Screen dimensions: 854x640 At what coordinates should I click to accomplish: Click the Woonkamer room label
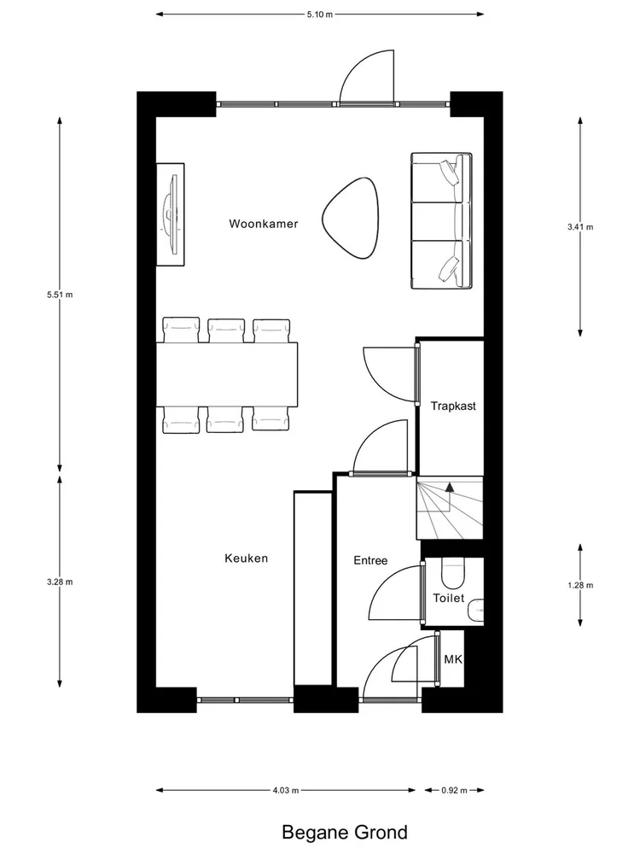tap(263, 224)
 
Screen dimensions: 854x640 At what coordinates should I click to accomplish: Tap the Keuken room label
tap(247, 559)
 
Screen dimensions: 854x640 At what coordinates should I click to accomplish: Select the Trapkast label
tap(453, 406)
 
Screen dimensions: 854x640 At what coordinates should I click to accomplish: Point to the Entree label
tap(370, 561)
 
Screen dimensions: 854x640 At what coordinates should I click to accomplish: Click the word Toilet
tap(449, 598)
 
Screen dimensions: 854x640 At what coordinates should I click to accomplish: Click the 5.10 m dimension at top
tap(320, 15)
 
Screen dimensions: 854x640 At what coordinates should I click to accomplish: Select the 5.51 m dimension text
tap(60, 295)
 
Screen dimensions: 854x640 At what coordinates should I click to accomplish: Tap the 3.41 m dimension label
tap(579, 227)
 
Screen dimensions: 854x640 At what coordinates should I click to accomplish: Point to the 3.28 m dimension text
tap(60, 582)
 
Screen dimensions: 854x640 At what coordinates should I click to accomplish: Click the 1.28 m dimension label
tap(579, 585)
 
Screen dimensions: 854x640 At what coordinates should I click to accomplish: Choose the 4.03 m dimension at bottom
tap(285, 790)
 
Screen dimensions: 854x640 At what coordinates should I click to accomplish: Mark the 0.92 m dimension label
tap(452, 790)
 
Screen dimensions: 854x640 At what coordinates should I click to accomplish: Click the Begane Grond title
tap(344, 831)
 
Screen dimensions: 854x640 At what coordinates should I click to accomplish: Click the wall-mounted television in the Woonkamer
tap(172, 213)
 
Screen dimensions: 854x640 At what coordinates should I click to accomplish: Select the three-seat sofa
tap(441, 221)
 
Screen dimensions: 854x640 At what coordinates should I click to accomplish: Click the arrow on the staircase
tap(450, 489)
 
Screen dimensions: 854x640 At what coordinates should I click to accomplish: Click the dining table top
tap(228, 373)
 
